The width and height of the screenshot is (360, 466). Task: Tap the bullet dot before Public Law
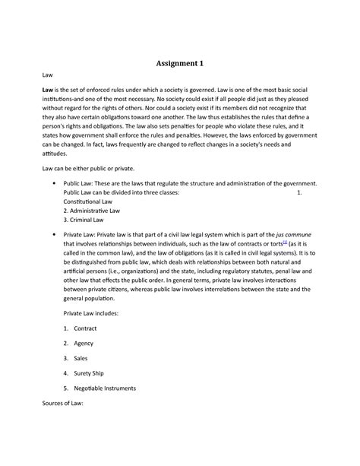50,184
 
